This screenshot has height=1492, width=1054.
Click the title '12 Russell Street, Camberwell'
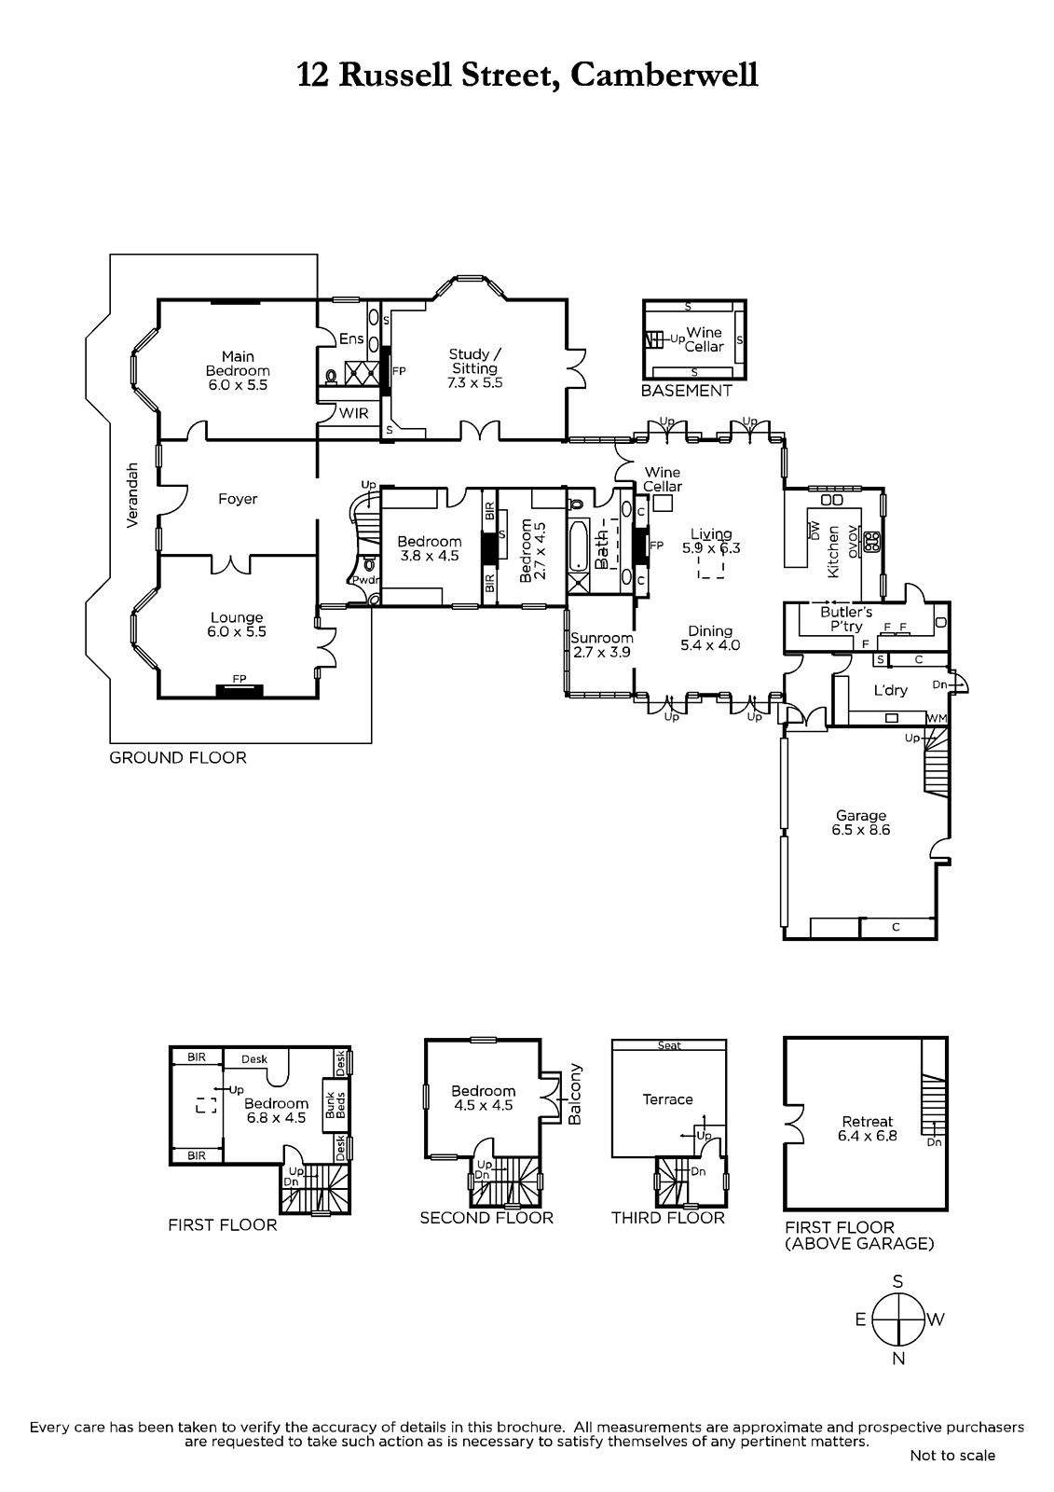coord(527,75)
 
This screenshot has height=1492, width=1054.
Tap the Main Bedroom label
coord(238,370)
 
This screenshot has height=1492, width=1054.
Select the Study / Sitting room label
coord(474,368)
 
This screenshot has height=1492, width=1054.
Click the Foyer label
coord(238,499)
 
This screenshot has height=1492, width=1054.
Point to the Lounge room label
coord(237,625)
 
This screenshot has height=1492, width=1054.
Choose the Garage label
coord(861,822)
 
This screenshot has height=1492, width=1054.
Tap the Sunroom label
coord(601,644)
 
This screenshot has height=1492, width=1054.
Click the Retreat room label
coord(867,1128)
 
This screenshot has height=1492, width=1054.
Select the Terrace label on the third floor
coord(668,1099)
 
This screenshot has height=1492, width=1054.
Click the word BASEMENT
coord(687,391)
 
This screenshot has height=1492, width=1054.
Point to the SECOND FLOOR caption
coord(486,1218)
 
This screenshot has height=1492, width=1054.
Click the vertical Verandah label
coord(132,495)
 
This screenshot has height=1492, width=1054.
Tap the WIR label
coord(353,413)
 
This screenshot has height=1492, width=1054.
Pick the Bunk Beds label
coord(335,1105)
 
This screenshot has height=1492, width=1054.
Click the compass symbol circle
coord(898,1319)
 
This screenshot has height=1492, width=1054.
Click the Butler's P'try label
coord(846,619)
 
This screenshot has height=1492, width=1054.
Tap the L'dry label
coord(891,690)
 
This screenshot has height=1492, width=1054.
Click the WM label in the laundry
coord(937,719)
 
